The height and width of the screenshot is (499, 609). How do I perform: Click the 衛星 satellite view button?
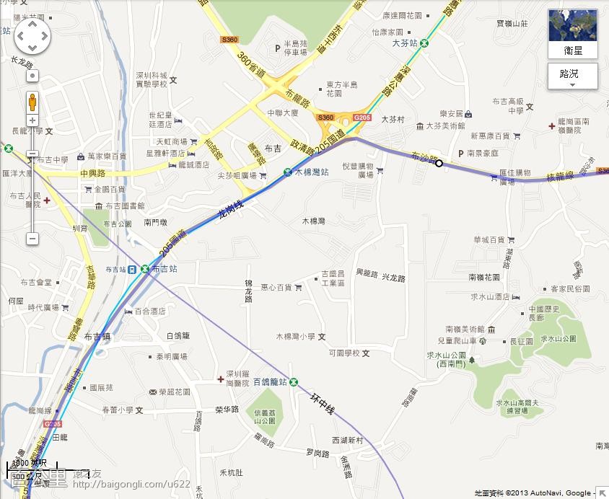point(573,33)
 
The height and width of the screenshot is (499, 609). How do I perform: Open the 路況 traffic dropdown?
point(573,74)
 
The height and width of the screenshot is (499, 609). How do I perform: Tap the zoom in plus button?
point(32,120)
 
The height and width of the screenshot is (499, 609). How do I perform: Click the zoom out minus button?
point(32,239)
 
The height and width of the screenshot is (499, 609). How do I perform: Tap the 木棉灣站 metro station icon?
point(288,172)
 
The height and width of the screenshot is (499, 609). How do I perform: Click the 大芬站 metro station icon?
point(425,43)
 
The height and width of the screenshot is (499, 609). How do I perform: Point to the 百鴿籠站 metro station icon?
point(294,381)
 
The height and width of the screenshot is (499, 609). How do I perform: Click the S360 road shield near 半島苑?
point(229,39)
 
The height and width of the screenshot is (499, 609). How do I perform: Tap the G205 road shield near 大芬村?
point(362,118)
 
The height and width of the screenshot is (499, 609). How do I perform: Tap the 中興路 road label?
point(92,174)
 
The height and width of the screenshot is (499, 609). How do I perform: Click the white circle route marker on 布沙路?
point(439,164)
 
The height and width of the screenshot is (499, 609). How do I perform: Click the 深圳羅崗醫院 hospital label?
point(237,379)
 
